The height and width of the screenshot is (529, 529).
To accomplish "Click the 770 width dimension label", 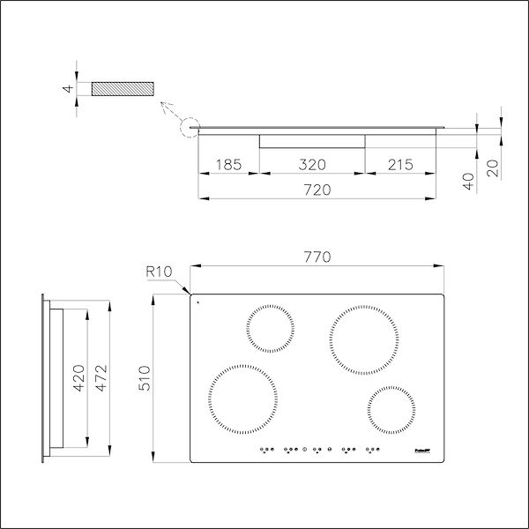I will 317,257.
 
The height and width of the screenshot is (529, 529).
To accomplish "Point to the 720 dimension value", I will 317,190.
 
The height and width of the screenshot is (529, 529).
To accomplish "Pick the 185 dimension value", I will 228,164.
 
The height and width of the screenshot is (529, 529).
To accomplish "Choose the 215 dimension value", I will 399,164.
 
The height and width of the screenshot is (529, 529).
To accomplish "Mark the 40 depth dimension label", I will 469,180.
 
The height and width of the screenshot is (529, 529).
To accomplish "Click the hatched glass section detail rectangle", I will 121,89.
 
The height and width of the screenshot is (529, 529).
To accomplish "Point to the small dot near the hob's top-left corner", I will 199,302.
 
